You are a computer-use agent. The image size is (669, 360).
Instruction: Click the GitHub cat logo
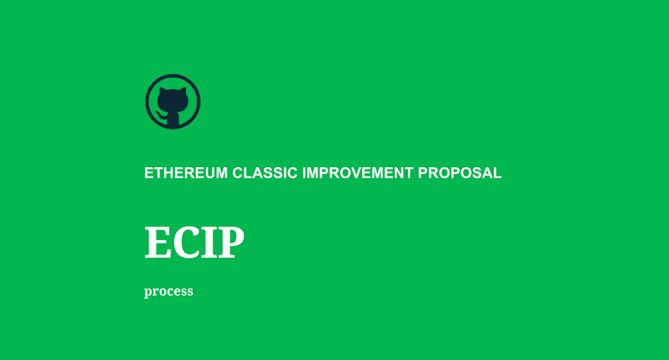coord(172,101)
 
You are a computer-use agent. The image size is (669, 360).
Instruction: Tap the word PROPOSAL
coord(460,172)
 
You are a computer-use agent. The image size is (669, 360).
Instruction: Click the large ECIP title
coord(195,243)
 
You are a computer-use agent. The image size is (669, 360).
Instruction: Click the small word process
coord(169,291)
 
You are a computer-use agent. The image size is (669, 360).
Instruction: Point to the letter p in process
coord(148,292)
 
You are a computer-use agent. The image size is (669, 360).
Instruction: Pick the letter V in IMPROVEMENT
coord(354,172)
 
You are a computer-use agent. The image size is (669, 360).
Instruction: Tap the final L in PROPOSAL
coord(497,172)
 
